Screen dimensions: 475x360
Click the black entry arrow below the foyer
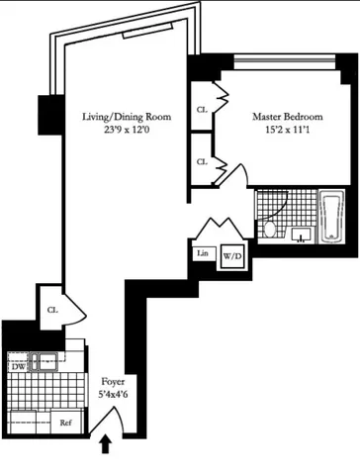click(x=106, y=447)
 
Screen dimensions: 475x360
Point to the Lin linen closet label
click(x=203, y=252)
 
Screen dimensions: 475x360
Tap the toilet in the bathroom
click(x=271, y=230)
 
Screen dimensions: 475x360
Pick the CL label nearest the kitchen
click(x=51, y=309)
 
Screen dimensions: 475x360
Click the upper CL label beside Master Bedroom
click(x=202, y=110)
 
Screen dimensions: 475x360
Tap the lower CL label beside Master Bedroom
click(x=202, y=161)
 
